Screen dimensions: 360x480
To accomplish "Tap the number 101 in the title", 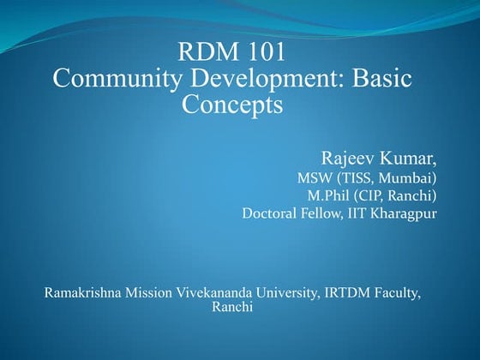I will tap(261, 52).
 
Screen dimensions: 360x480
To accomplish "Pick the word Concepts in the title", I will tap(232, 105).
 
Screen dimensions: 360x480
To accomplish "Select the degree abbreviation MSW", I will tap(314, 178).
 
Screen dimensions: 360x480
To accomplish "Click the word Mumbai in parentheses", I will tap(408, 178).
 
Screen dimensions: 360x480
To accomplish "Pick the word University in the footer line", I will tap(289, 294).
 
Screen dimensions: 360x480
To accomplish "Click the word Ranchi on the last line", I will tap(231, 307).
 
